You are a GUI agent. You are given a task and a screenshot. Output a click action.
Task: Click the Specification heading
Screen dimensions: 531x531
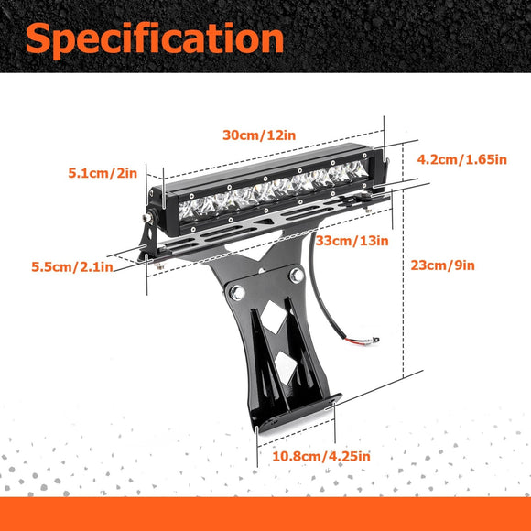[x=155, y=40]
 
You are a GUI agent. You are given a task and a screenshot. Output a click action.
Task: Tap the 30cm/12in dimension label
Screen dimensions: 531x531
[x=259, y=135]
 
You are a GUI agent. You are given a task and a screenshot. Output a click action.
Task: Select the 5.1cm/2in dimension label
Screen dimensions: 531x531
[x=103, y=173]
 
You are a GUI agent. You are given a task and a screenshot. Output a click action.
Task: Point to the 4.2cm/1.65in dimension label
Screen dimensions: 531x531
[x=462, y=159]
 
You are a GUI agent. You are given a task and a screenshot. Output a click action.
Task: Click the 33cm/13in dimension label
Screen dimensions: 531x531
[x=352, y=241]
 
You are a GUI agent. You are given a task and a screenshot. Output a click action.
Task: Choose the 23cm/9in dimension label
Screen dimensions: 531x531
[x=442, y=265]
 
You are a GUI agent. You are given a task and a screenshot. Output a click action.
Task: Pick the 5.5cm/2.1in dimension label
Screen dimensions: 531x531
[x=72, y=266]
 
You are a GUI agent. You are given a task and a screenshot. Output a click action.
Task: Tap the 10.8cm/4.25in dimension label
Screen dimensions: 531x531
[x=321, y=456]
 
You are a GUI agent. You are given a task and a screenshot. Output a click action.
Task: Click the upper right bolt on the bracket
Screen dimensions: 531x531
[x=297, y=276]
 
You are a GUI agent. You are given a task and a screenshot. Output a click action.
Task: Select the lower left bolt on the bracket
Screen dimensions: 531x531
[x=237, y=293]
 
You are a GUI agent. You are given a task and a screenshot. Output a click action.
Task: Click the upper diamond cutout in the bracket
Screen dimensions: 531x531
[x=274, y=317]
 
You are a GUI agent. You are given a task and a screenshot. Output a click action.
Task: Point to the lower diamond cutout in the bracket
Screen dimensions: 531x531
[x=286, y=367]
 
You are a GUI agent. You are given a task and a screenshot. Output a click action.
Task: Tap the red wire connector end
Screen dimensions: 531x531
[x=363, y=341]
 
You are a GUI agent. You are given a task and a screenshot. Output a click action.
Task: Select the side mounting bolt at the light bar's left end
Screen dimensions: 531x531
[x=148, y=217]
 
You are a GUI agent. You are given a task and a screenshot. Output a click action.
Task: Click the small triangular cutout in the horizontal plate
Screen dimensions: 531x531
[x=265, y=222]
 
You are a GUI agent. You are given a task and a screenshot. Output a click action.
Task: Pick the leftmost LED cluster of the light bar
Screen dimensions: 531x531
[x=188, y=211]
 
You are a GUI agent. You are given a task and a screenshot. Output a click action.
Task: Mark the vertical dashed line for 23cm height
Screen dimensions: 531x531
[x=403, y=260]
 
